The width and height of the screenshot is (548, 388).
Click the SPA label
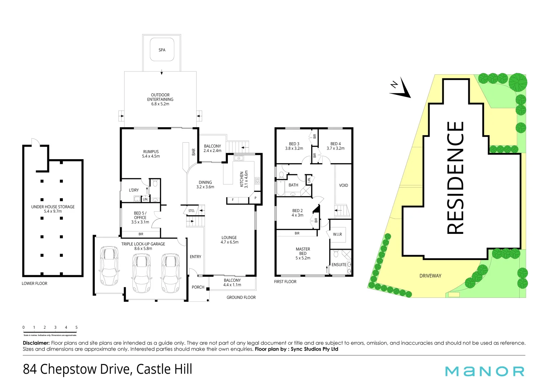tap(162, 50)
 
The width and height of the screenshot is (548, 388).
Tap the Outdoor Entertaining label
tap(160, 100)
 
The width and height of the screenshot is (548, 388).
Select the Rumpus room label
tap(151, 154)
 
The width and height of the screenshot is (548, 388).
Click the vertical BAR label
tap(193, 152)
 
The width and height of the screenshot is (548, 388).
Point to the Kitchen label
tap(244, 179)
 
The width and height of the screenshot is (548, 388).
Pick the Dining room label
tap(205, 184)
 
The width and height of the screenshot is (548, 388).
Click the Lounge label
tap(229, 240)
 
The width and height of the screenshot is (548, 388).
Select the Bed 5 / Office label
tap(140, 217)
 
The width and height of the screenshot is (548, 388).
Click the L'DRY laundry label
tap(134, 190)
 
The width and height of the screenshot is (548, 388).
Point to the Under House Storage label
tap(53, 209)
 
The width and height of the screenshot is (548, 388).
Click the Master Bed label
tap(303, 253)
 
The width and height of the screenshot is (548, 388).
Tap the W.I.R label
tap(337, 234)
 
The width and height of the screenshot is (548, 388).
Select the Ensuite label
tap(339, 265)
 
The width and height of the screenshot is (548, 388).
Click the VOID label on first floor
tap(343, 185)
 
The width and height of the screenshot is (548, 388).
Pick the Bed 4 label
tap(336, 146)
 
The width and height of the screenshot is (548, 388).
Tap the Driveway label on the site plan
tap(430, 276)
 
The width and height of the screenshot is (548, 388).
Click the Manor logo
tap(484, 371)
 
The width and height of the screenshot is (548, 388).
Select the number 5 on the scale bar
tap(76, 327)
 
